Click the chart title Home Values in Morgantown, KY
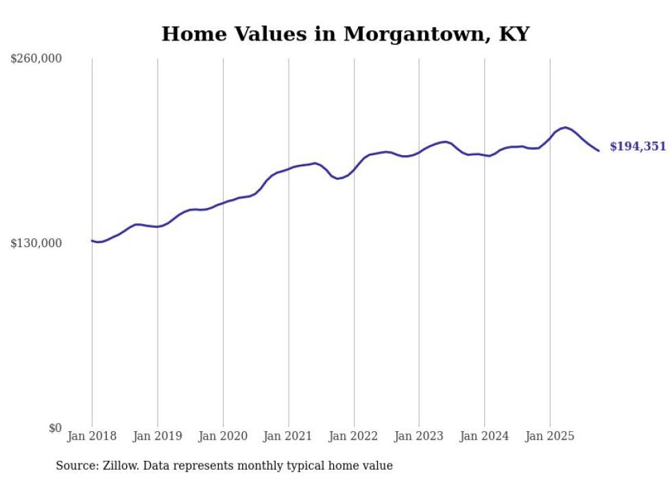click(x=345, y=34)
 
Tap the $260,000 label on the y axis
click(x=36, y=59)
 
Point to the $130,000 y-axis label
click(x=36, y=243)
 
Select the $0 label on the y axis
click(x=56, y=428)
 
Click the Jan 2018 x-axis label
click(x=92, y=436)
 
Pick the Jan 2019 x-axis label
click(x=158, y=436)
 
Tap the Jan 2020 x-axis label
click(x=223, y=436)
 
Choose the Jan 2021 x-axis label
click(x=288, y=436)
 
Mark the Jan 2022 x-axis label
click(x=354, y=436)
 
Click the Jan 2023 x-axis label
click(x=419, y=436)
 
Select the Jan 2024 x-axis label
click(x=484, y=436)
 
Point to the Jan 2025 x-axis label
click(x=550, y=436)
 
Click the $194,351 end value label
click(x=637, y=146)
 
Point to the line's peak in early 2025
click(x=565, y=127)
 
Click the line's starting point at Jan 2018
click(x=92, y=240)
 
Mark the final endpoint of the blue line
click(x=599, y=150)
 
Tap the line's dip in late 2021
click(x=337, y=179)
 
